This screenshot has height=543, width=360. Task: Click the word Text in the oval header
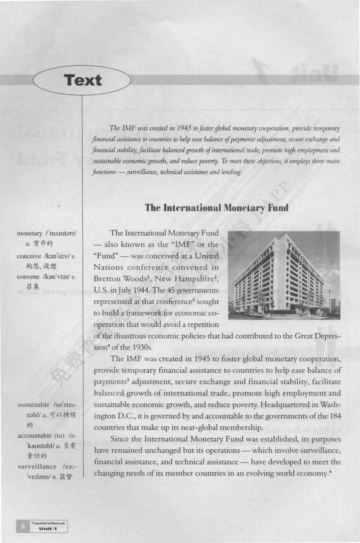(83, 80)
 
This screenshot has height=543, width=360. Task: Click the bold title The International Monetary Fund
(216, 208)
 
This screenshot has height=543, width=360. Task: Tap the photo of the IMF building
(284, 275)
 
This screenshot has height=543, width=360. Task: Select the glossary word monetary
(29, 233)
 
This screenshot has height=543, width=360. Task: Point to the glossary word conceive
(29, 256)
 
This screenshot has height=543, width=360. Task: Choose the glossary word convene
(28, 276)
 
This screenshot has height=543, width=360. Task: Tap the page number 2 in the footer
(23, 526)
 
